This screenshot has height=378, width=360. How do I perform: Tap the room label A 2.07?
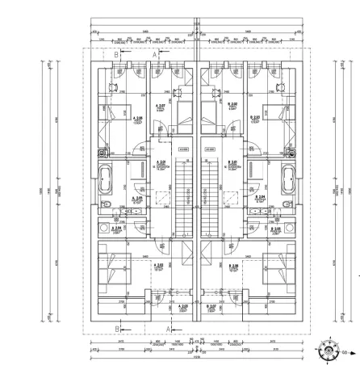(x=158, y=105)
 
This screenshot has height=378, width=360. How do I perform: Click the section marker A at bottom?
(x=168, y=329)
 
